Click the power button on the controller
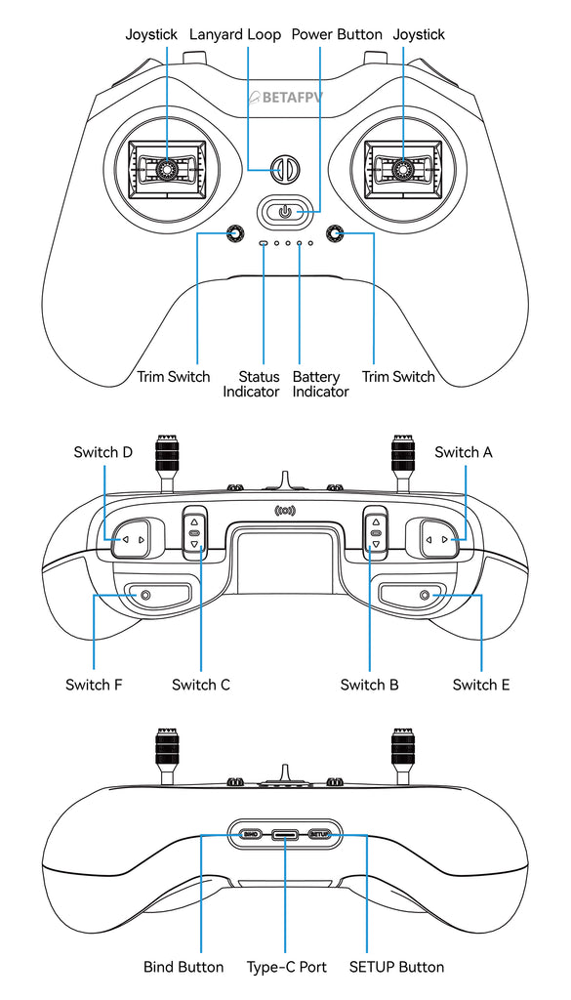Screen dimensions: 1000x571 click(284, 211)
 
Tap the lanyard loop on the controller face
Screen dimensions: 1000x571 click(284, 169)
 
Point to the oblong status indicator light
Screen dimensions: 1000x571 click(263, 242)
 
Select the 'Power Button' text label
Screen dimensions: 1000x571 click(337, 34)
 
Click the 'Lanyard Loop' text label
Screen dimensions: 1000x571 click(234, 34)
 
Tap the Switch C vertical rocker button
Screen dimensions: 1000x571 click(194, 533)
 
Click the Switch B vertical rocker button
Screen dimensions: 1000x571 click(375, 533)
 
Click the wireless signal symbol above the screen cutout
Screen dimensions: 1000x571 click(285, 510)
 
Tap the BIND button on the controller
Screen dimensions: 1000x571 click(250, 835)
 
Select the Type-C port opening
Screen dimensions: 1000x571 click(285, 835)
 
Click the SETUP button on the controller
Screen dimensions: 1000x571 click(320, 835)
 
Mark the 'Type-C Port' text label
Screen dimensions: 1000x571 click(286, 967)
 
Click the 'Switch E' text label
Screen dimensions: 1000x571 click(480, 685)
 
